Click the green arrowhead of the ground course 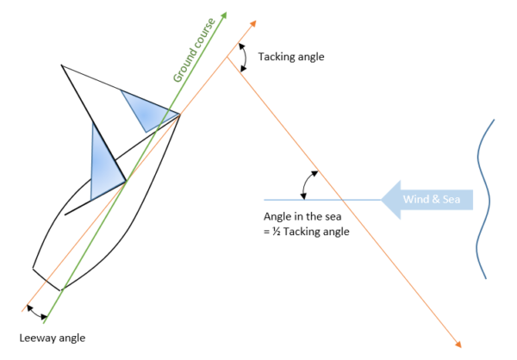pyautogui.click(x=224, y=16)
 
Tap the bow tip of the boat pyautogui.click(x=179, y=114)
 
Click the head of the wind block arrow pyautogui.click(x=390, y=200)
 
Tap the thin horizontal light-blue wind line pyautogui.click(x=345, y=200)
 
